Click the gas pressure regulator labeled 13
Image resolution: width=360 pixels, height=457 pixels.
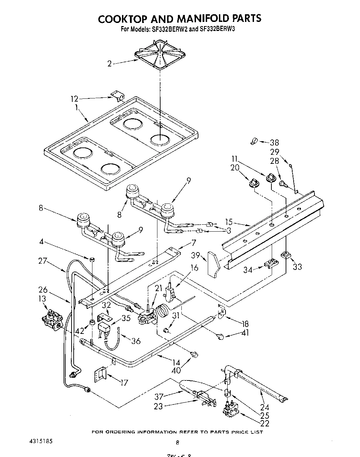tap(52, 318)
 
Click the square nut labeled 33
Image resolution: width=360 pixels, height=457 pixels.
tap(286, 255)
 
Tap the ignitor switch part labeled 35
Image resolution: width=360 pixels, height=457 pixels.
tap(105, 327)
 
